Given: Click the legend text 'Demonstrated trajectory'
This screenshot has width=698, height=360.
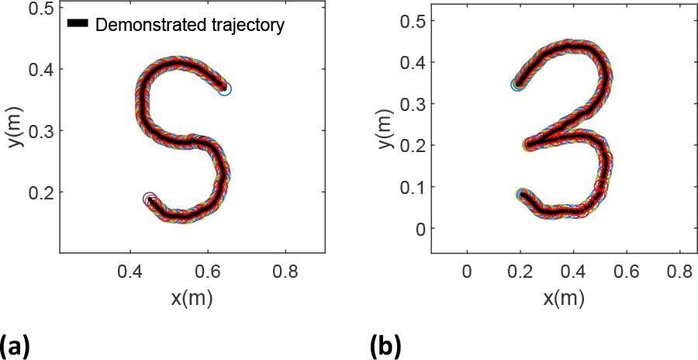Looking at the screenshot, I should (190, 26).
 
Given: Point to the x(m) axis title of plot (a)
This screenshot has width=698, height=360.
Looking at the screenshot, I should (191, 297).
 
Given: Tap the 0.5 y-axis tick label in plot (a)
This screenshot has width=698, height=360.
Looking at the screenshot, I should (41, 9).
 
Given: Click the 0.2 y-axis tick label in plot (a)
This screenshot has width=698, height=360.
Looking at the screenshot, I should (41, 192).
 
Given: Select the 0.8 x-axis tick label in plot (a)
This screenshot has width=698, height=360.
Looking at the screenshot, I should (285, 272).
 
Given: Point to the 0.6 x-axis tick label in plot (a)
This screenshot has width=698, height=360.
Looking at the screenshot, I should (208, 272).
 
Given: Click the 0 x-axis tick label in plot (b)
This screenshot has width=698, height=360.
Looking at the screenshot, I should (466, 272).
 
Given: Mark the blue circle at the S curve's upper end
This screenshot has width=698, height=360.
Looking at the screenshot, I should (225, 89).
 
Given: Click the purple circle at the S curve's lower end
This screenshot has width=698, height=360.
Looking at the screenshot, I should (150, 199).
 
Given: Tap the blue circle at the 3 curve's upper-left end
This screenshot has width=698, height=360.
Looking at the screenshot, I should (517, 84).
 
